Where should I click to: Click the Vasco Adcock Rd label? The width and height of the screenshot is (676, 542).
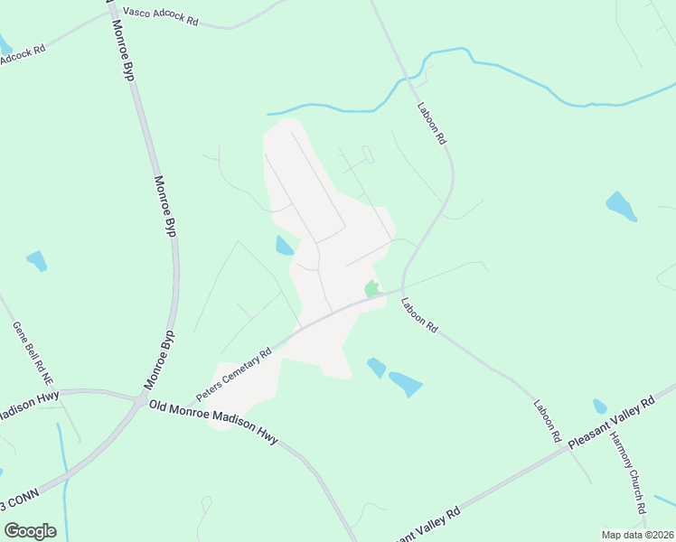tap(155, 14)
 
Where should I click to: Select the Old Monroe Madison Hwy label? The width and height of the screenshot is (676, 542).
tap(212, 421)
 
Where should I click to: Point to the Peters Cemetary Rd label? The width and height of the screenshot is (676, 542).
tap(234, 376)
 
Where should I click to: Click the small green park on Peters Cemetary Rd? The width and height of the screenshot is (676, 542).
tap(371, 289)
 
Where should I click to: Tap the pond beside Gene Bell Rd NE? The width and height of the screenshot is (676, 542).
tap(36, 261)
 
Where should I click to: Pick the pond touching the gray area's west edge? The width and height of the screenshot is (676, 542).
tap(284, 245)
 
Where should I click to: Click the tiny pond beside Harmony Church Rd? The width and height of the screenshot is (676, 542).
tap(600, 406)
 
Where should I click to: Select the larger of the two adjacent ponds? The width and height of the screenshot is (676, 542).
tap(406, 384)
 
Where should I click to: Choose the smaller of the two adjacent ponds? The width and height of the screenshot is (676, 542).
tap(376, 367)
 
